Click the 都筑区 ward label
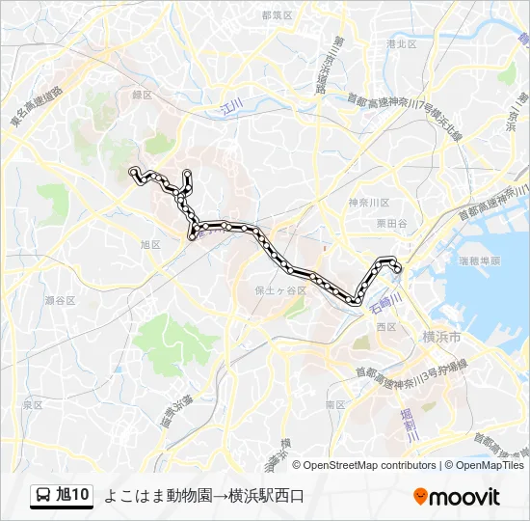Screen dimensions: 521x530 coord(277,15)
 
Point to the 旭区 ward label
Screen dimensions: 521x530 coord(149,245)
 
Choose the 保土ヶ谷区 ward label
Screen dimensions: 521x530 coord(280,289)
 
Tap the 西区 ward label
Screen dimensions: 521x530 coord(386,327)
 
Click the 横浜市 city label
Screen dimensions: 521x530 coord(441,337)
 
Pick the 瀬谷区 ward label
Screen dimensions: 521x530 coord(60,300)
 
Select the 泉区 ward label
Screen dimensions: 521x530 coord(33,405)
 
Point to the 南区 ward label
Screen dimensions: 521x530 coord(335,405)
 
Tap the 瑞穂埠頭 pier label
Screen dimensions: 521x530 coord(480,260)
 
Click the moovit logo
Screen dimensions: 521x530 coord(457,497)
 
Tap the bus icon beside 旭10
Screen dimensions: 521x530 coord(44,496)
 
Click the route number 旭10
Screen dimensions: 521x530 coord(73,496)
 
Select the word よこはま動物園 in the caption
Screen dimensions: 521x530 coord(151,497)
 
